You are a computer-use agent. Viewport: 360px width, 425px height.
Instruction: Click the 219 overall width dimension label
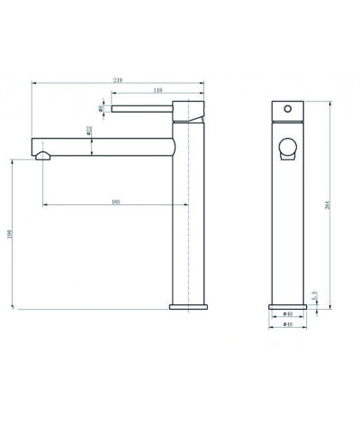118,81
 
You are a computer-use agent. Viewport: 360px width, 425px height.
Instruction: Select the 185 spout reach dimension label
117,201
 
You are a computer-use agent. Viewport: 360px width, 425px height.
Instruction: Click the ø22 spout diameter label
90,130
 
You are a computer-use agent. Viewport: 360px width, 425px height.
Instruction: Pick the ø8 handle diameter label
102,109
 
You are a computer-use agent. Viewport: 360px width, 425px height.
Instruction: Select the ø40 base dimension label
287,314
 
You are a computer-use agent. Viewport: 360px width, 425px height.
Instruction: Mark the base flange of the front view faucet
287,306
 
